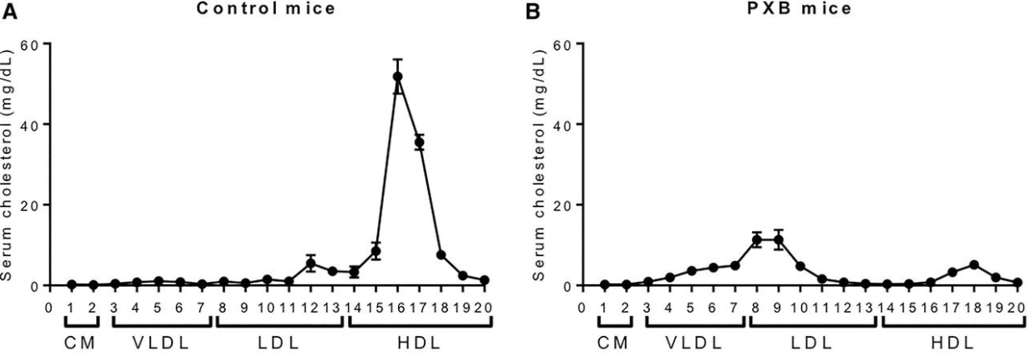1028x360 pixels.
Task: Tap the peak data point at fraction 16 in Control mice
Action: tap(397, 76)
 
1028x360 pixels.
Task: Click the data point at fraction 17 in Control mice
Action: tap(419, 142)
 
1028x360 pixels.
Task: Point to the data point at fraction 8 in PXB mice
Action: tap(756, 240)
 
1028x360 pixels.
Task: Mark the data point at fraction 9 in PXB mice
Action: tap(779, 240)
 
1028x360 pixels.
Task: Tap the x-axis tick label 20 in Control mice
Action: tap(484, 306)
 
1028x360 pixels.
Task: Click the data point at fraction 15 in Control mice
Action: tap(376, 251)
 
